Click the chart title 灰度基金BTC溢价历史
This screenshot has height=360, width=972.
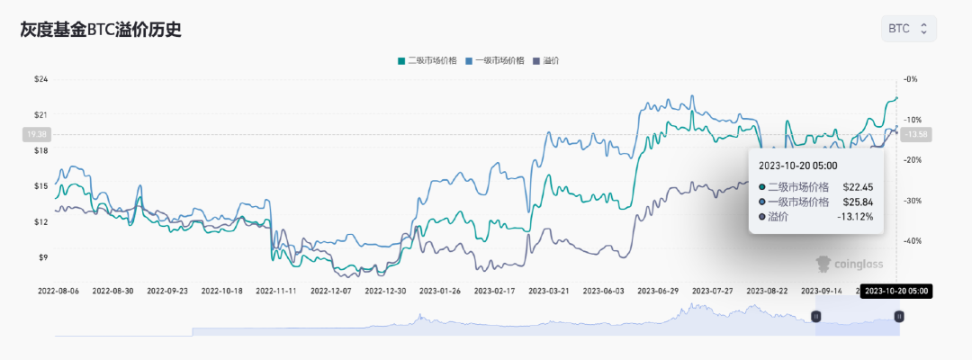pos(101,30)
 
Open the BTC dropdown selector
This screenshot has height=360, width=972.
pos(909,29)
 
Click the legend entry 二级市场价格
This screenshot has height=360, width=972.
pos(427,60)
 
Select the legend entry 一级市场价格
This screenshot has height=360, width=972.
pos(494,60)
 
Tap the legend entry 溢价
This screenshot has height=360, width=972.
pos(552,60)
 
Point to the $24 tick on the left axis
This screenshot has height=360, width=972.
pos(40,79)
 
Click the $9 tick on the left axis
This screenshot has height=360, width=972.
pos(42,257)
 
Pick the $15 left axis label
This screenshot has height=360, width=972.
pos(40,186)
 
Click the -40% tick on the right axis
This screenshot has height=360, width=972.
pos(910,241)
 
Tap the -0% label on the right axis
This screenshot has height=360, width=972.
pos(911,79)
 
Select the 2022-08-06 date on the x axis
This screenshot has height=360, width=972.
pos(58,291)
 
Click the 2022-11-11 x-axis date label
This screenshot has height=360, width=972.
pos(276,291)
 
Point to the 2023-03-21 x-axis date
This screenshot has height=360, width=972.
pos(548,291)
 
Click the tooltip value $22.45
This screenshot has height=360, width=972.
pos(858,186)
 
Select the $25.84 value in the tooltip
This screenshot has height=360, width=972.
pos(858,202)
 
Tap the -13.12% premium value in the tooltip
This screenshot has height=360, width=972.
pos(854,217)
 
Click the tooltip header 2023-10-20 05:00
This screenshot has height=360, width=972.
pos(797,166)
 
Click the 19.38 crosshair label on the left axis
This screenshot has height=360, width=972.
pos(38,134)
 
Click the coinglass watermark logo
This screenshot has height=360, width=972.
pos(849,264)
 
